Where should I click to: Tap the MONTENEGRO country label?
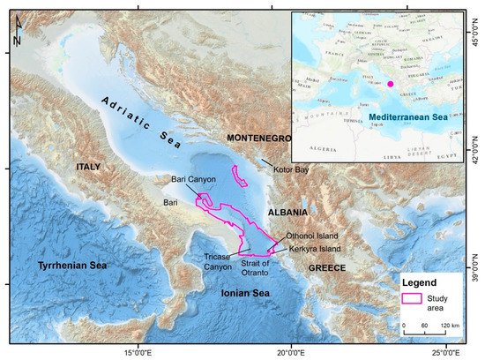[263, 139]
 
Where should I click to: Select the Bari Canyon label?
[193, 180]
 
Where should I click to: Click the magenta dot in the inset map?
[390, 84]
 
